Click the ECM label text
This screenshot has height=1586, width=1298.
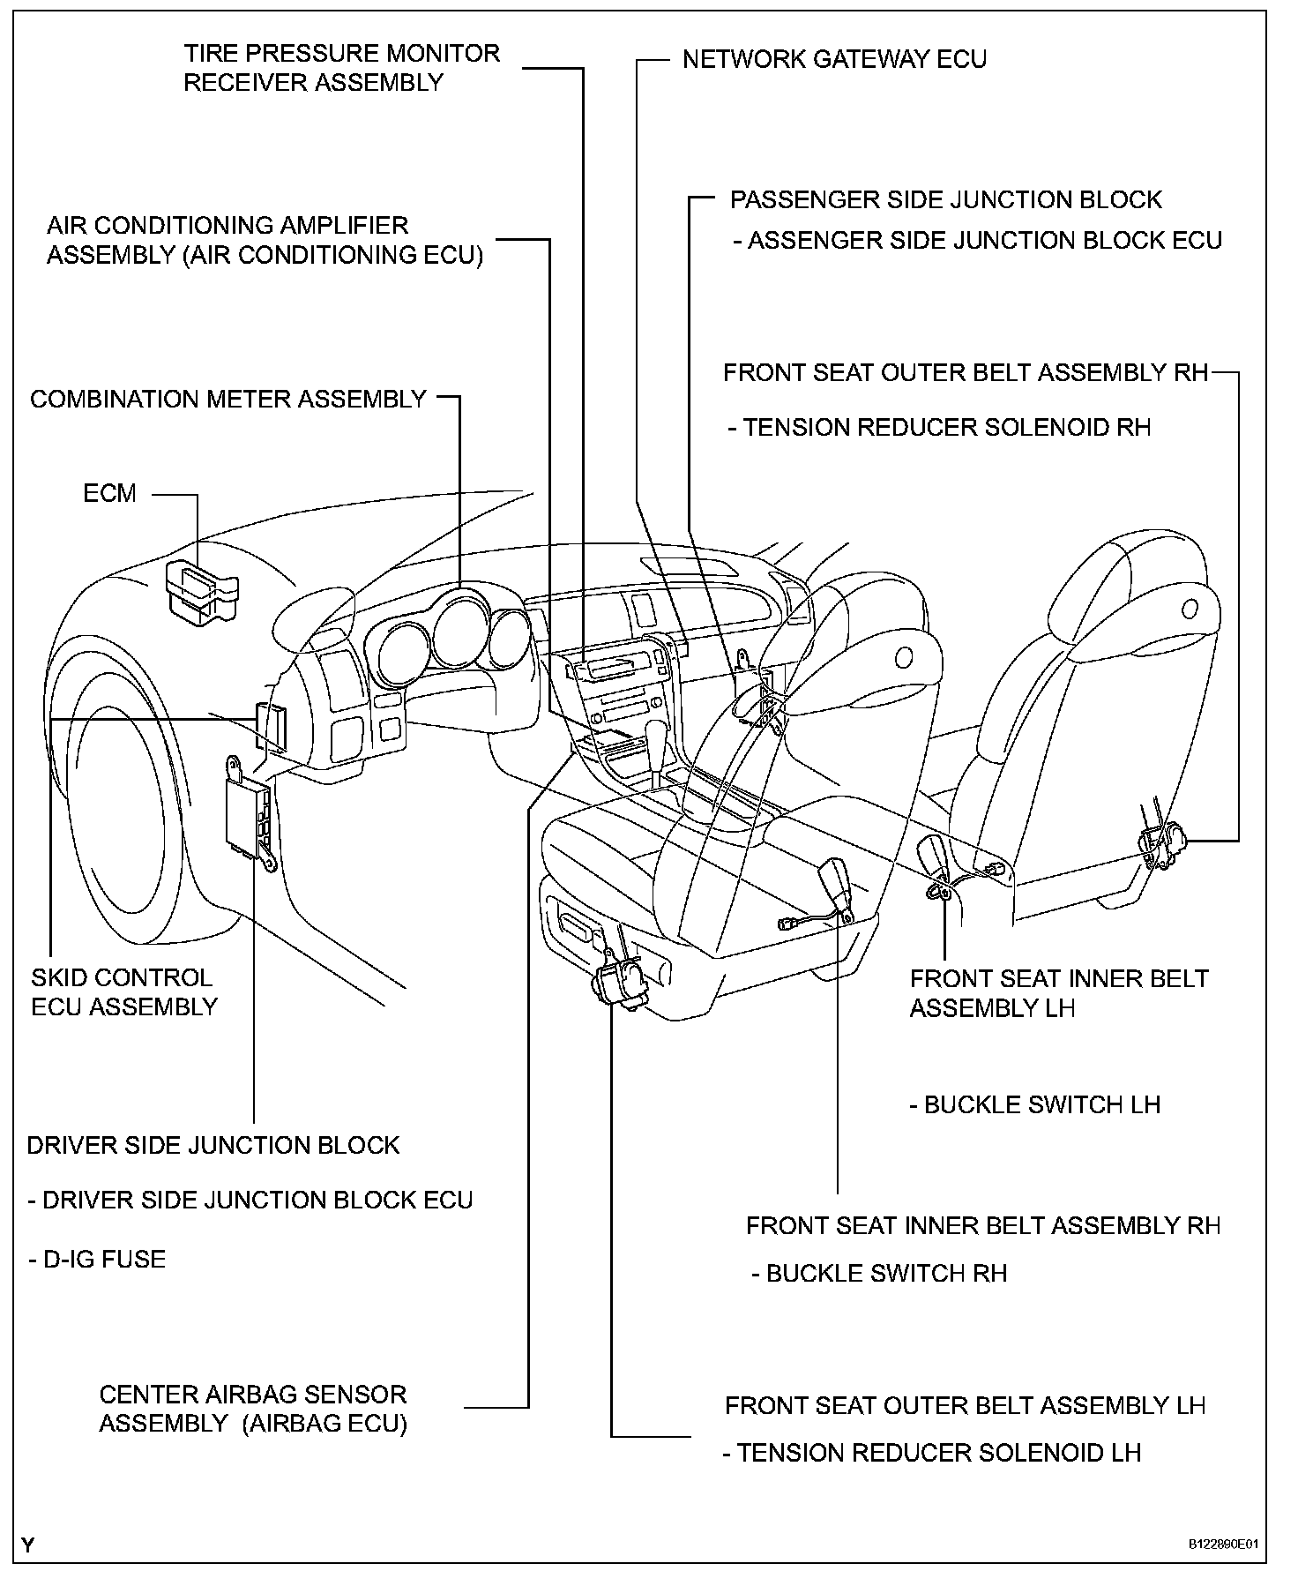coord(109,493)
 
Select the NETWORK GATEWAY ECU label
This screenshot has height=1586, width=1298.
coord(834,59)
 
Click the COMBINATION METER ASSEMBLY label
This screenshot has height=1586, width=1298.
coord(228,400)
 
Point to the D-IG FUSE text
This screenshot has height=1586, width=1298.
coord(97,1259)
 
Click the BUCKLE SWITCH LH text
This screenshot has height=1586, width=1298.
coord(1035,1105)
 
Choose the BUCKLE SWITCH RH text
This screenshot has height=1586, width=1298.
coord(880,1273)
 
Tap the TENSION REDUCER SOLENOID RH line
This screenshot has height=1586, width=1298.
coord(940,428)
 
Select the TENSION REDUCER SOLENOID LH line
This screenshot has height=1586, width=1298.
coord(932,1452)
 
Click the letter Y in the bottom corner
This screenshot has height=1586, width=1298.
coord(29,1545)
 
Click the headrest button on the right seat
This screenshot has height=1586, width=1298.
coord(1189,608)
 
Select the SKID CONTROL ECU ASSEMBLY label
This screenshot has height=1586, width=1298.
coord(123,992)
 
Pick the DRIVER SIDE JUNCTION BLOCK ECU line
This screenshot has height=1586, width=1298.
coord(250,1201)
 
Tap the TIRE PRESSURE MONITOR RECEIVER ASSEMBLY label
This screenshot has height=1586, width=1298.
coord(341,68)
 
